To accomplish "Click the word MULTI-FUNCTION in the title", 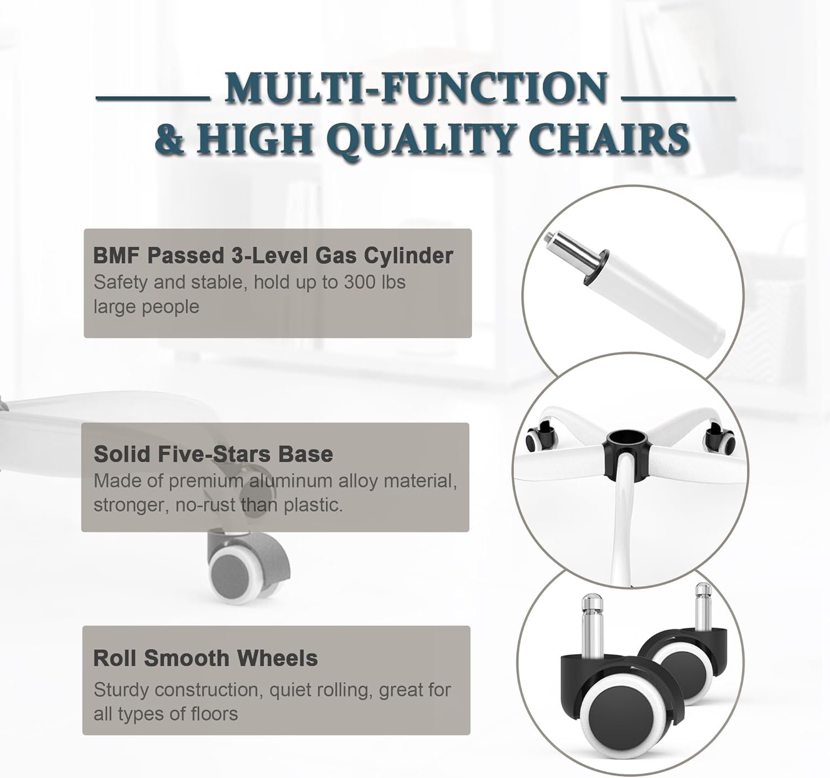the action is point(417,88).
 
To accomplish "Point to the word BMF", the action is point(117,255).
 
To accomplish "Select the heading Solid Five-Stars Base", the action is point(213,454).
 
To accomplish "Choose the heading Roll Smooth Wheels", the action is point(205,658).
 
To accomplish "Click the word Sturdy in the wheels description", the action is point(121,690).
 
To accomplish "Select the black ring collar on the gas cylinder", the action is point(595,269).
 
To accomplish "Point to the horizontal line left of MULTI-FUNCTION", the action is point(153,99).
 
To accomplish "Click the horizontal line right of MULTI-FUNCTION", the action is point(679,99).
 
